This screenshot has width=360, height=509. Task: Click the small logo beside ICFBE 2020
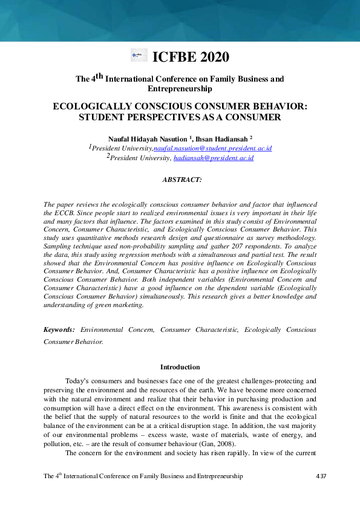[139, 56]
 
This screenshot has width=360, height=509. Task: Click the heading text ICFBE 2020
[191, 57]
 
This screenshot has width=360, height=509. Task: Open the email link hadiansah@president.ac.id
[213, 158]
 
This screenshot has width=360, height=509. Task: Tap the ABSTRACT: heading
[182, 180]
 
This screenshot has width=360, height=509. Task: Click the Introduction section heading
[180, 367]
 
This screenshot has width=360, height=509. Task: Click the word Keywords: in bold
[59, 329]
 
